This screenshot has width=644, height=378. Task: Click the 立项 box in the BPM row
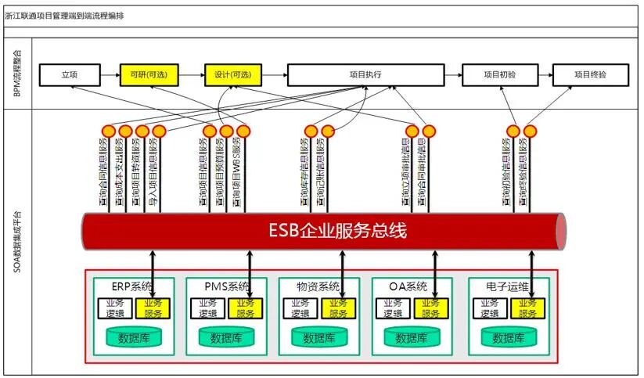[70, 75]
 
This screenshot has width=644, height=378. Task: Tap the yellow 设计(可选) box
[232, 75]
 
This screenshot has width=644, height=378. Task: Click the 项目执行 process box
[365, 75]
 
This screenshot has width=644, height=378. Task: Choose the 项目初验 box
[499, 75]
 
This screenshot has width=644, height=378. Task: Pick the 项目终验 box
[590, 75]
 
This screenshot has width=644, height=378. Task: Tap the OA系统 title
[407, 286]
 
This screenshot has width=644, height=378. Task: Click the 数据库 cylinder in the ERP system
[133, 338]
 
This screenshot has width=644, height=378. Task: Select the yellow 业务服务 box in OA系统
[431, 308]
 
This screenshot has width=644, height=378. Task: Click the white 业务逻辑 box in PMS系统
[207, 308]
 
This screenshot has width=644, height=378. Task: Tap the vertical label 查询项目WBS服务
[244, 173]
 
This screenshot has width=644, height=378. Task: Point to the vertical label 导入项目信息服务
[160, 173]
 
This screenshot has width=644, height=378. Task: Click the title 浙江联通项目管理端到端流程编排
[63, 16]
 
